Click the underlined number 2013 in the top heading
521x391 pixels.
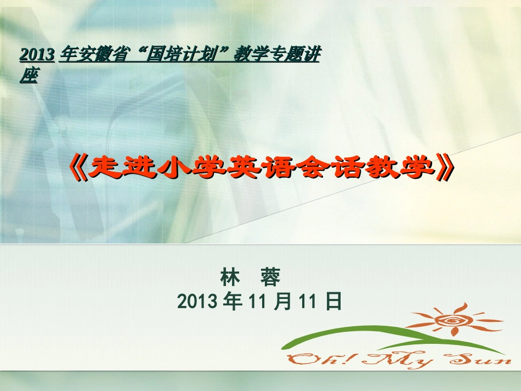point(37,54)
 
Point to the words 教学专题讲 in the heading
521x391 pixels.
point(277,54)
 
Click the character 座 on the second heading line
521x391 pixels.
point(29,76)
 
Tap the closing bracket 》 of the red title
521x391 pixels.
point(445,168)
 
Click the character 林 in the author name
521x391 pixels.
point(230,277)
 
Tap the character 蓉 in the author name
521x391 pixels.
point(270,277)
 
